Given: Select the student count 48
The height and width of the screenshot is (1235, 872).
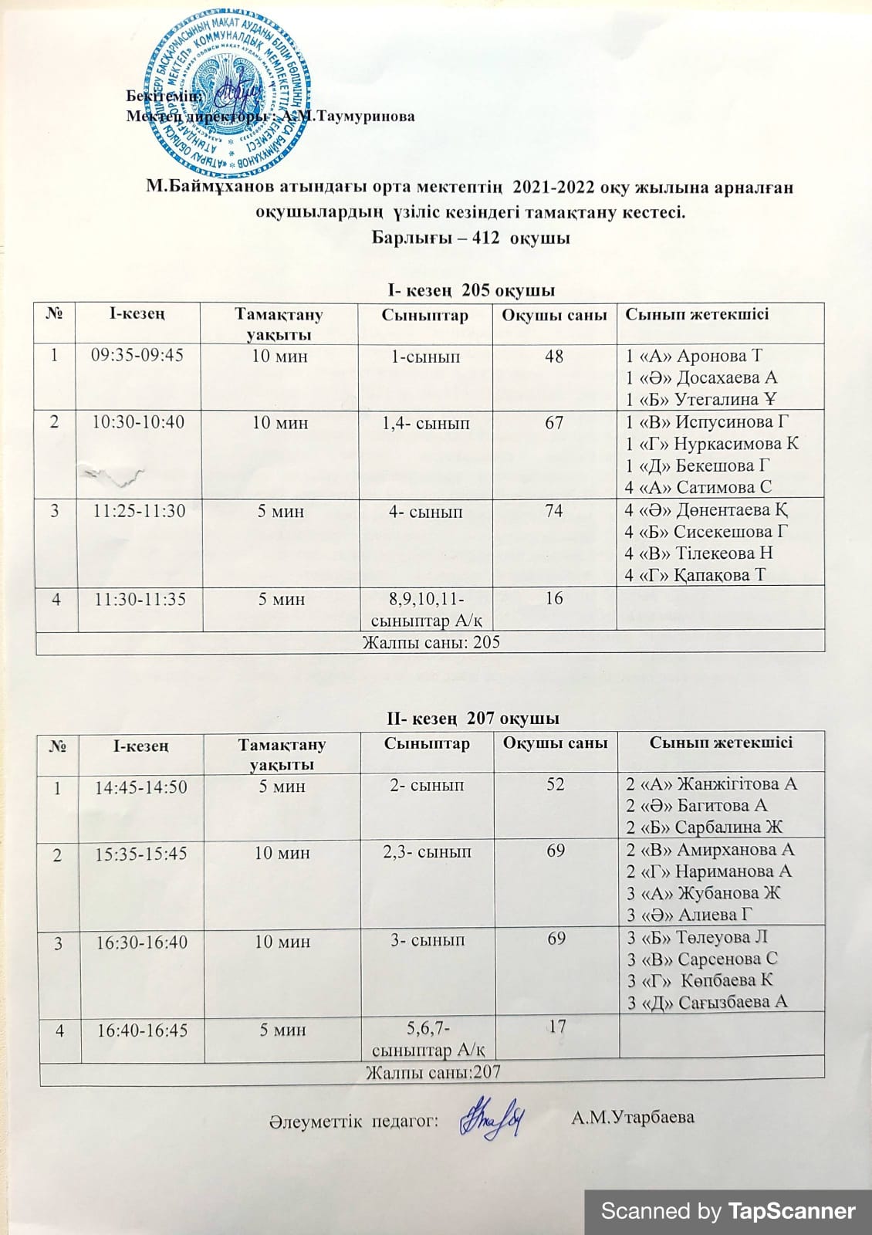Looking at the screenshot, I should click(553, 356).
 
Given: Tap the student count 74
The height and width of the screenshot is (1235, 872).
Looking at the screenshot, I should click(553, 510).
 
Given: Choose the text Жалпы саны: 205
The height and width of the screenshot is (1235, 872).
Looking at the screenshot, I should click(431, 642).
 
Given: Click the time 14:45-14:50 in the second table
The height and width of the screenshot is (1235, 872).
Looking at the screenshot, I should click(140, 787).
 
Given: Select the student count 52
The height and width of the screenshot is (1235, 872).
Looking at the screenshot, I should click(556, 783).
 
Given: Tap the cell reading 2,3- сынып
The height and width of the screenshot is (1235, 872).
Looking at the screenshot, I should click(427, 852).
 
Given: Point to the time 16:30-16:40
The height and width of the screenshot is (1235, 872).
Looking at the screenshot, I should click(140, 942).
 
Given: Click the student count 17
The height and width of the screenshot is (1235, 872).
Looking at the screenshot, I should click(556, 1027).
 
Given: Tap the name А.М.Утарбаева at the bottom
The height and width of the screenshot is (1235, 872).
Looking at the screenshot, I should click(633, 1118).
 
